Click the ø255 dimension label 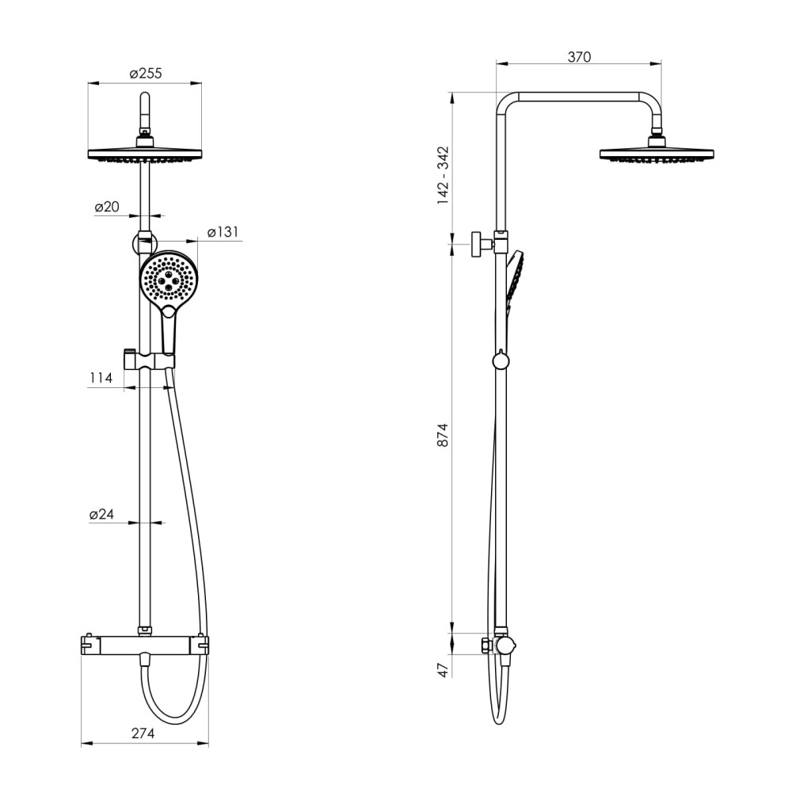[146, 74]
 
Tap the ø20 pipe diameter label [107, 207]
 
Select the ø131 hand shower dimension [223, 232]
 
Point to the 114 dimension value [101, 378]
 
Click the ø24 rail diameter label [102, 514]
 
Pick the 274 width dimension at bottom [143, 733]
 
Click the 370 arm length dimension [579, 57]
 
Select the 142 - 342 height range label [443, 175]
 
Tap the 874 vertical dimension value [443, 435]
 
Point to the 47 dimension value [443, 670]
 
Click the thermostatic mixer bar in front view [145, 645]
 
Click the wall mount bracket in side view [482, 245]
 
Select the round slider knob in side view [501, 360]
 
